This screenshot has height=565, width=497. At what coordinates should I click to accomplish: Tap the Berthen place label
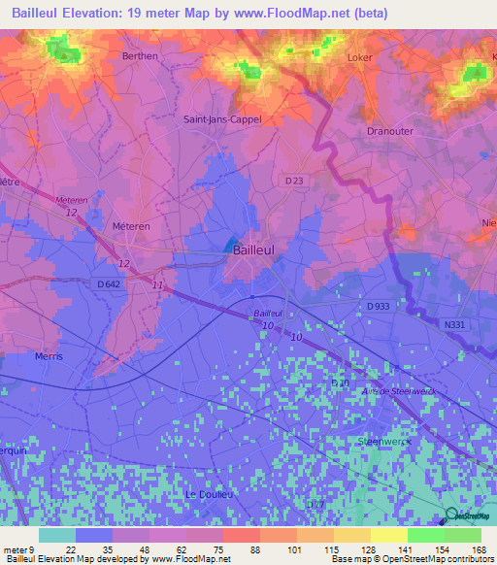point(140,57)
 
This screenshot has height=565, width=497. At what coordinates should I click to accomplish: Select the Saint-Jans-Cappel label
point(222,119)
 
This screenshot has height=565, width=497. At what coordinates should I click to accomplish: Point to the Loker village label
point(360,57)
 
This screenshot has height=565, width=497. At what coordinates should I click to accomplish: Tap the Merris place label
point(48,356)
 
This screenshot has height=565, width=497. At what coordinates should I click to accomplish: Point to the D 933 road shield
point(381,306)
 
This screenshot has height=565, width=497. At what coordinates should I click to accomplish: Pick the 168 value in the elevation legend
point(479,549)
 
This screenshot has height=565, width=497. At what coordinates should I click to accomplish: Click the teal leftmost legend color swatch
point(56,535)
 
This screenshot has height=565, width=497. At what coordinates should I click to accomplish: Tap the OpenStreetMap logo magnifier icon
point(448,515)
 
